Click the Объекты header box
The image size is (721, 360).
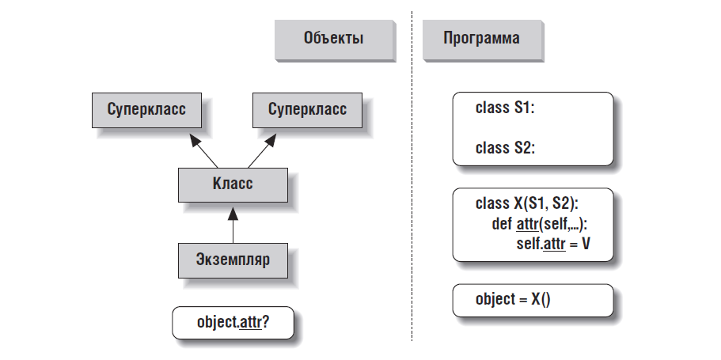click(x=332, y=39)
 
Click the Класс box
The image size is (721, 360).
click(x=232, y=184)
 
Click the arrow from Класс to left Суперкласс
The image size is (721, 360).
click(x=203, y=149)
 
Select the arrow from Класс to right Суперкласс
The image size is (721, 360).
click(x=262, y=149)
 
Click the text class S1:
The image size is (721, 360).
click(x=505, y=108)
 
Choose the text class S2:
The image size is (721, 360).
click(x=505, y=148)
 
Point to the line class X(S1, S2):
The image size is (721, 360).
click(x=533, y=203)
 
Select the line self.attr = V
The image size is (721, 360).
click(x=552, y=243)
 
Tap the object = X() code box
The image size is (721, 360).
click(x=533, y=300)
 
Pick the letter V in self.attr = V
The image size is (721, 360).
click(x=586, y=243)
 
